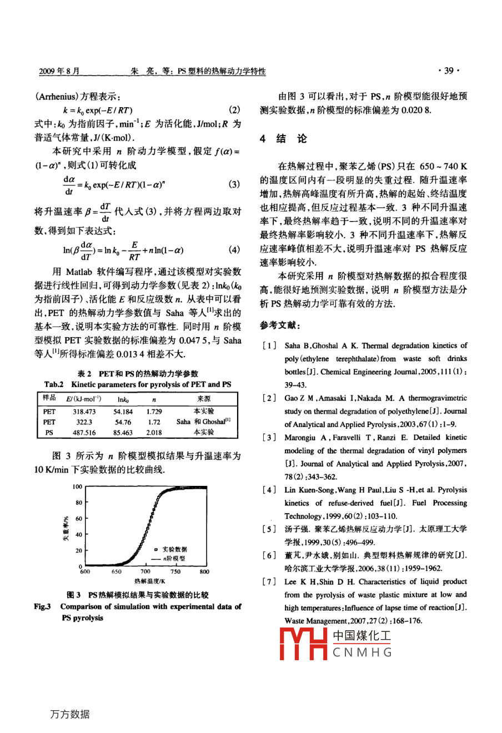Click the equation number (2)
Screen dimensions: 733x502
pos(234,110)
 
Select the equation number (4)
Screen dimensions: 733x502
pos(234,250)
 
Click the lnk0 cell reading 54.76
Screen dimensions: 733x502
pos(123,423)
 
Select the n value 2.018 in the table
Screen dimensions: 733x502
pos(154,433)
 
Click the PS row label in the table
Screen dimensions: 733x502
pos(49,433)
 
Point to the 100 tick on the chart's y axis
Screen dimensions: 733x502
pos(77,487)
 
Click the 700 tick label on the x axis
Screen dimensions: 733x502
pos(145,571)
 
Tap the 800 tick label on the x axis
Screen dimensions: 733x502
pos(204,571)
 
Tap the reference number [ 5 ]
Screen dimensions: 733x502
pos(269,529)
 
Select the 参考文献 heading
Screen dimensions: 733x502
pos(279,325)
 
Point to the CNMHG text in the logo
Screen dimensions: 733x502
pos(362,652)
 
